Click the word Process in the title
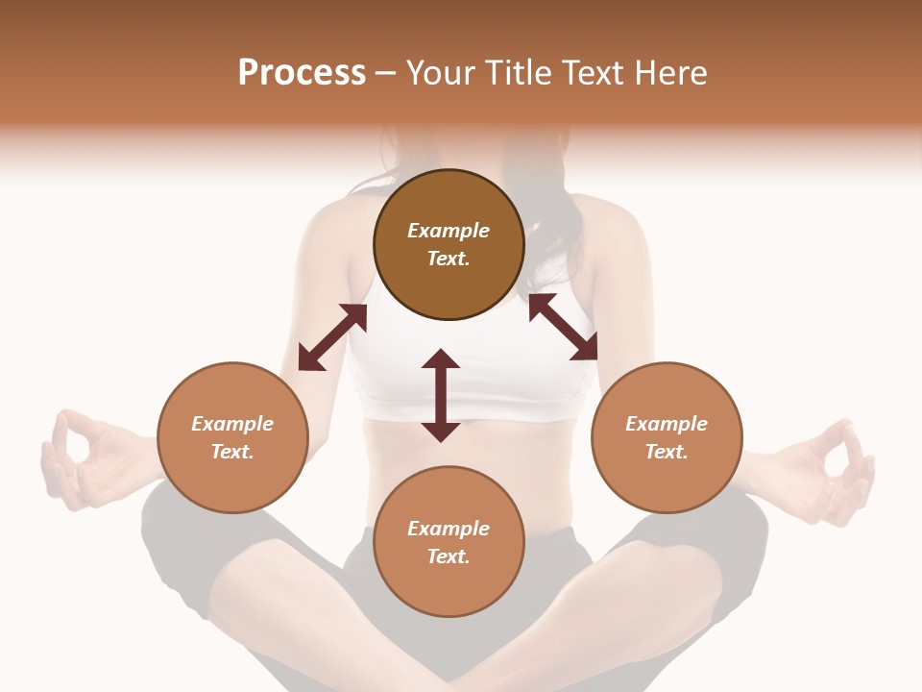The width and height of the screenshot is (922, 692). point(302,73)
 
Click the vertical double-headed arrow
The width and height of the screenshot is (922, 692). point(441,395)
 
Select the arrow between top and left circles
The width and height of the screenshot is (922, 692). point(332,336)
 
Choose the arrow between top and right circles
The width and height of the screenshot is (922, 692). point(564,327)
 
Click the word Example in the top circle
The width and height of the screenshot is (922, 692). point(449,231)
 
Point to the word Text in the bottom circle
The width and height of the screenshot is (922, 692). point(449,556)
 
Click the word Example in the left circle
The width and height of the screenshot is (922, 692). point(232,424)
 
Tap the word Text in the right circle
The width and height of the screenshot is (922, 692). point(667,452)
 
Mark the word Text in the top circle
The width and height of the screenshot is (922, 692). point(449,259)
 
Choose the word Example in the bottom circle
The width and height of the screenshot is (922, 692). point(449,529)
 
